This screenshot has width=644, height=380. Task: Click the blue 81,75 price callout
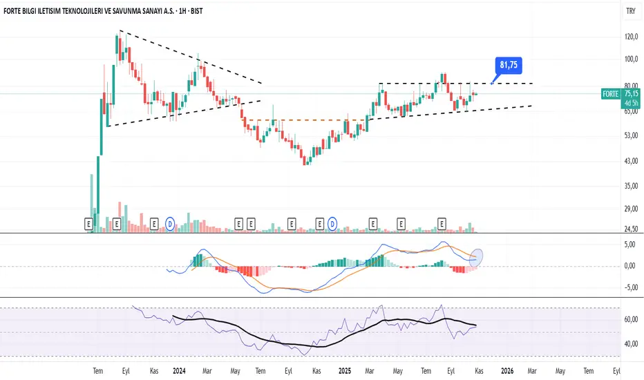point(509,66)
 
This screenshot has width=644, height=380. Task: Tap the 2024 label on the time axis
point(179,370)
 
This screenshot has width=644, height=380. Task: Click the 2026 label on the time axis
point(506,370)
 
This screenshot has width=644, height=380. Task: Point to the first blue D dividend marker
point(170,223)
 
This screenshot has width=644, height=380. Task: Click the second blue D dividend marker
point(332,223)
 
